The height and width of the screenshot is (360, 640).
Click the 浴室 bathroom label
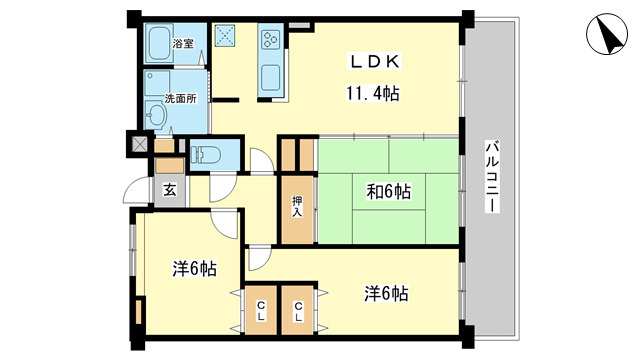click(182, 44)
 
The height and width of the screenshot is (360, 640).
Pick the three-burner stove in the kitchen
click(271, 41)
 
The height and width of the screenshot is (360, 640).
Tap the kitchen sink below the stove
click(271, 75)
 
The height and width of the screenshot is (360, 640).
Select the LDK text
click(375, 63)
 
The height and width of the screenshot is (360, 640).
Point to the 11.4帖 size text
click(375, 94)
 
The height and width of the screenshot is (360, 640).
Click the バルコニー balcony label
click(491, 175)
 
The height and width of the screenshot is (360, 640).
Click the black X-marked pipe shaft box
click(136, 142)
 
